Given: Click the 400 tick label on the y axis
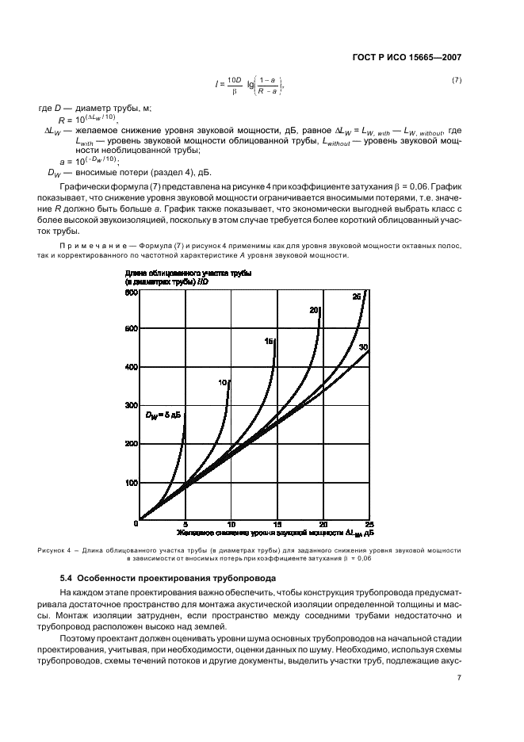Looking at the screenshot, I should coord(131,367).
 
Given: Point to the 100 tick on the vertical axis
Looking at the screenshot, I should coord(131,483).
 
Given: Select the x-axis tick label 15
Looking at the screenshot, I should coord(276,525).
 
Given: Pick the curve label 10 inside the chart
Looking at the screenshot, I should coord(223,382).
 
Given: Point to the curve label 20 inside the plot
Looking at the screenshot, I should coord(314,309).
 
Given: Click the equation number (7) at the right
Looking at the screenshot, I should coord(456,81).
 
